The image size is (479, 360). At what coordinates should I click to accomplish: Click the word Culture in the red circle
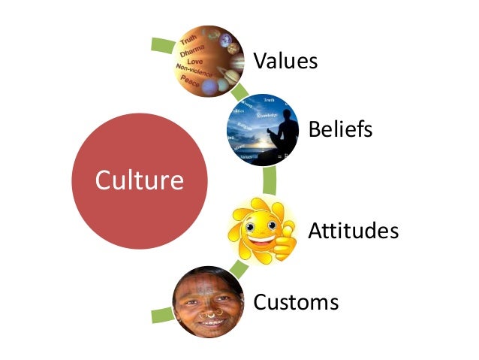140,180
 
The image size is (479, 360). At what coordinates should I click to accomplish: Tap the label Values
285,59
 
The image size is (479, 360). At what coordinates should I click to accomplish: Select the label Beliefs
340,129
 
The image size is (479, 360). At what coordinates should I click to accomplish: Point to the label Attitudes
353,230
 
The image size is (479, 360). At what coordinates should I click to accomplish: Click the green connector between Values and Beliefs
241,94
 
